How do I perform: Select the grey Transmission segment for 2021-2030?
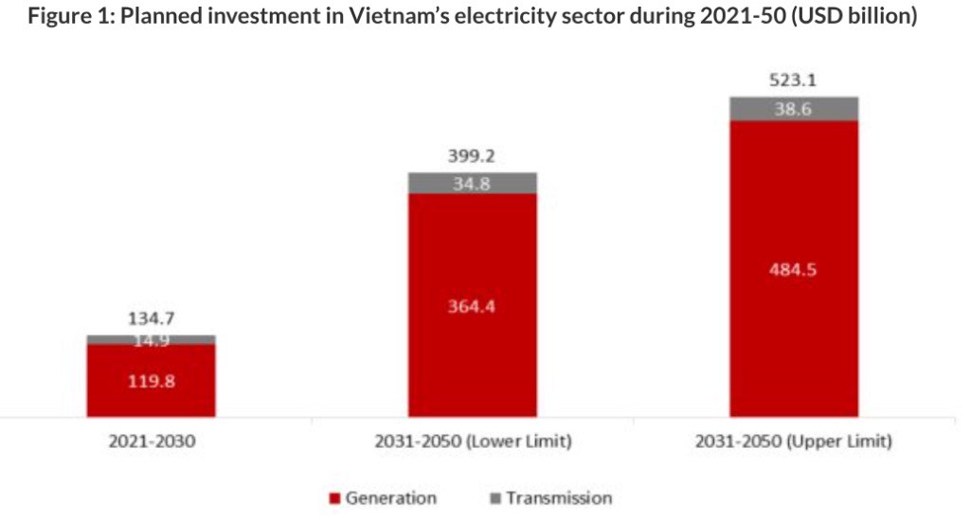click(151, 339)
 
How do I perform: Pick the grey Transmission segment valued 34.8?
click(472, 184)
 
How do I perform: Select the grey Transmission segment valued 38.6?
click(794, 109)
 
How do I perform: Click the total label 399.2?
click(471, 156)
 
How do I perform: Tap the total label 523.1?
click(794, 81)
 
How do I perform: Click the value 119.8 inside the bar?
click(151, 382)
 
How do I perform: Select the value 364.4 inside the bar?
click(471, 305)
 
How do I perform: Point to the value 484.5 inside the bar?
click(794, 269)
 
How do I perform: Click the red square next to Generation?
click(334, 498)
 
